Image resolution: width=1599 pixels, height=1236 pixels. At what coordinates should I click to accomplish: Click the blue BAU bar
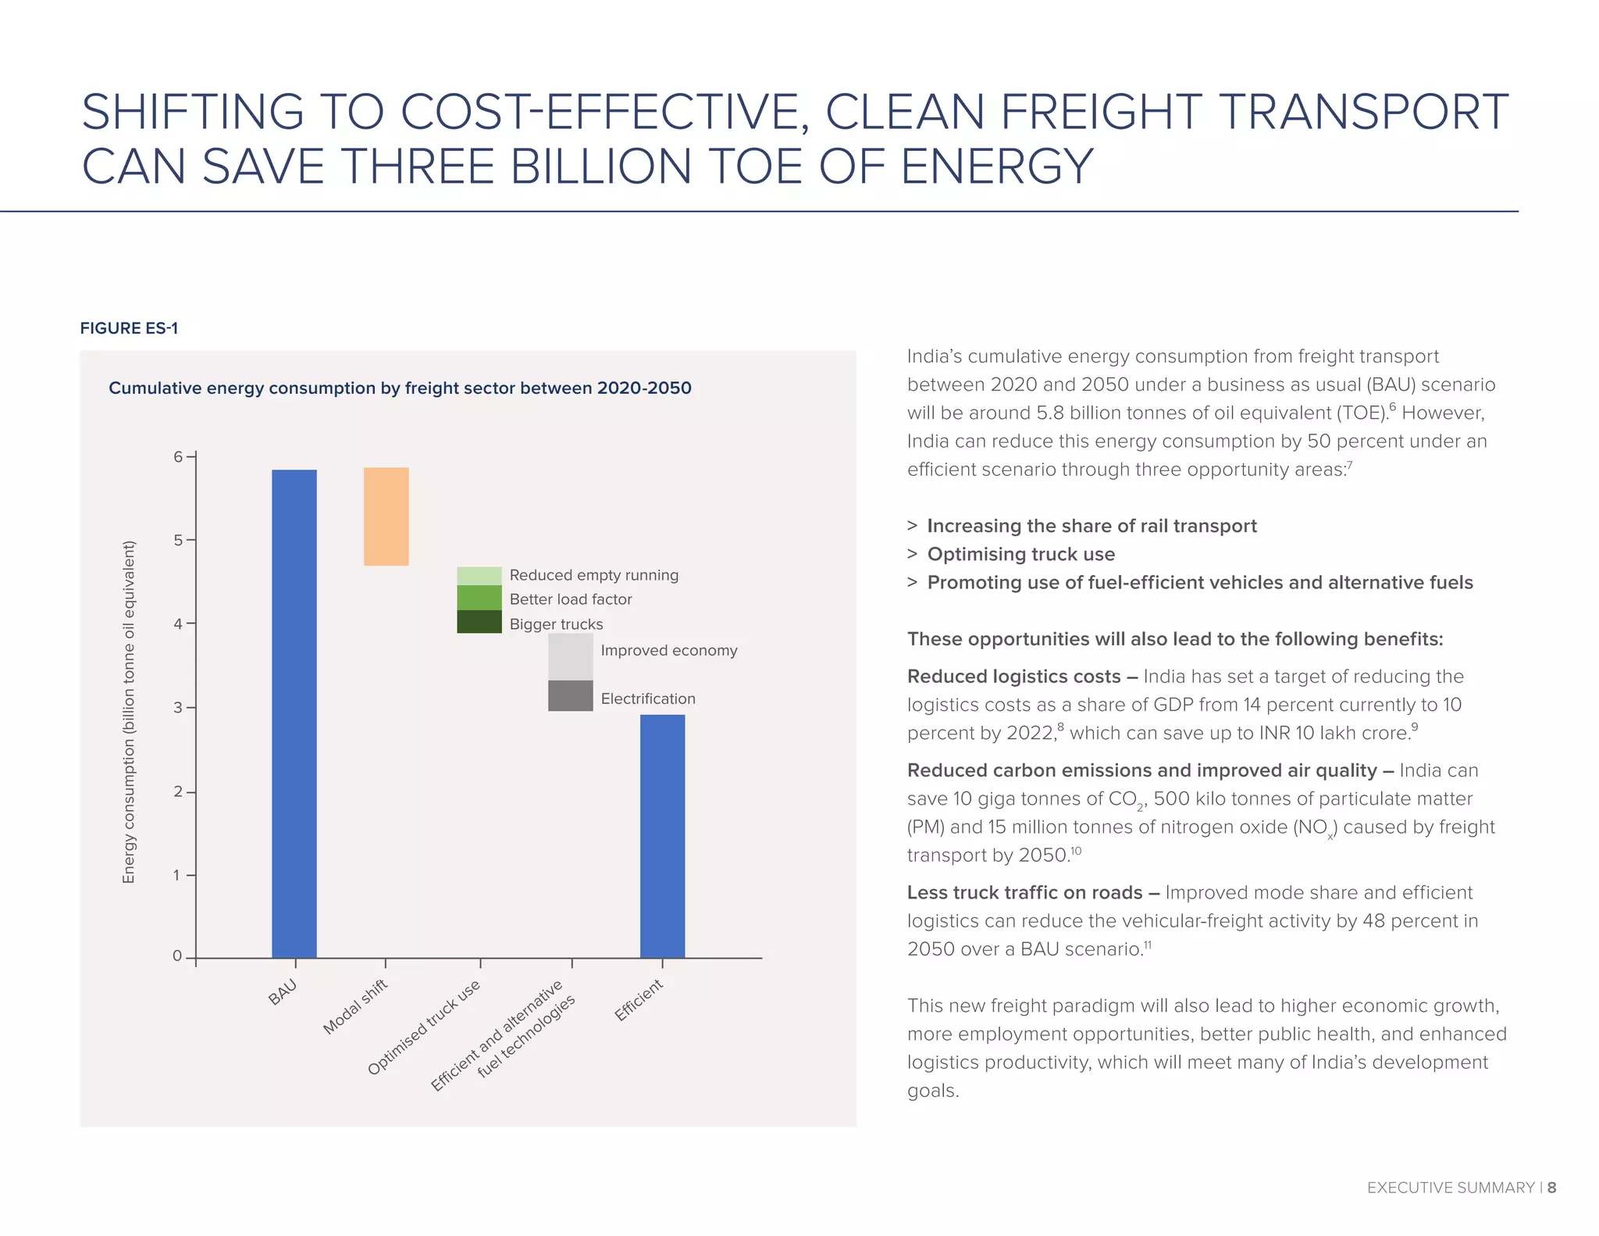(x=294, y=713)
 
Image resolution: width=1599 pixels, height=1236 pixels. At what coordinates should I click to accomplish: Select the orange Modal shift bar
(x=386, y=516)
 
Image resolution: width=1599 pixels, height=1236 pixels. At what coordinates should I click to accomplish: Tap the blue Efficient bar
(x=662, y=835)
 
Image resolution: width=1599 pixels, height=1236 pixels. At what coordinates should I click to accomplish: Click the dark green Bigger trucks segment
(x=479, y=622)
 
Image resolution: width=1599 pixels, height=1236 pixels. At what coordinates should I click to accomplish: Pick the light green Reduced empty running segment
(x=479, y=576)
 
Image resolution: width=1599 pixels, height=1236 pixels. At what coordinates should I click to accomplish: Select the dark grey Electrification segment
(x=570, y=695)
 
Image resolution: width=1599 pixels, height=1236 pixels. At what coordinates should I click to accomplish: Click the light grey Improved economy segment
(x=570, y=656)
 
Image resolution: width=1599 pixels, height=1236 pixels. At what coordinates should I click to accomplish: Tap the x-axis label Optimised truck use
(x=424, y=1027)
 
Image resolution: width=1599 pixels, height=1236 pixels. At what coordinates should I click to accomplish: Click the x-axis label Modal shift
(x=356, y=1006)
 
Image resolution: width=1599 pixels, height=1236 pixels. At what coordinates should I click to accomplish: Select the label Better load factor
(x=570, y=599)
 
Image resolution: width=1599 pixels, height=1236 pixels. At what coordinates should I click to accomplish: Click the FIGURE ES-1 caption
(x=129, y=328)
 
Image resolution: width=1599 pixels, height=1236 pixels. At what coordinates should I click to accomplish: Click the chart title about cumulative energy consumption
(x=400, y=388)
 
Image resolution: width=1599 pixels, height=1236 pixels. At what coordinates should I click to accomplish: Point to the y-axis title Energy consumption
(x=129, y=711)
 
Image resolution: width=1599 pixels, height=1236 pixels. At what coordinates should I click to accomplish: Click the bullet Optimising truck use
(x=1020, y=555)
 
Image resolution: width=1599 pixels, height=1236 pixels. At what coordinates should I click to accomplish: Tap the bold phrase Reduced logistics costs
(x=1013, y=677)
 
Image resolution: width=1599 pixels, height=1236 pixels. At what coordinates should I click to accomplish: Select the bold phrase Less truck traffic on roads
(x=1024, y=893)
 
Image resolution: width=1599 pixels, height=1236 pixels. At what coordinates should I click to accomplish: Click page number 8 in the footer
(x=1551, y=1188)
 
